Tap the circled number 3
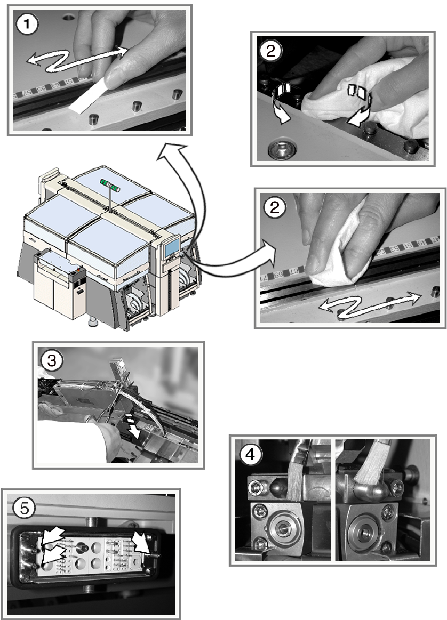coord(51,361)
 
